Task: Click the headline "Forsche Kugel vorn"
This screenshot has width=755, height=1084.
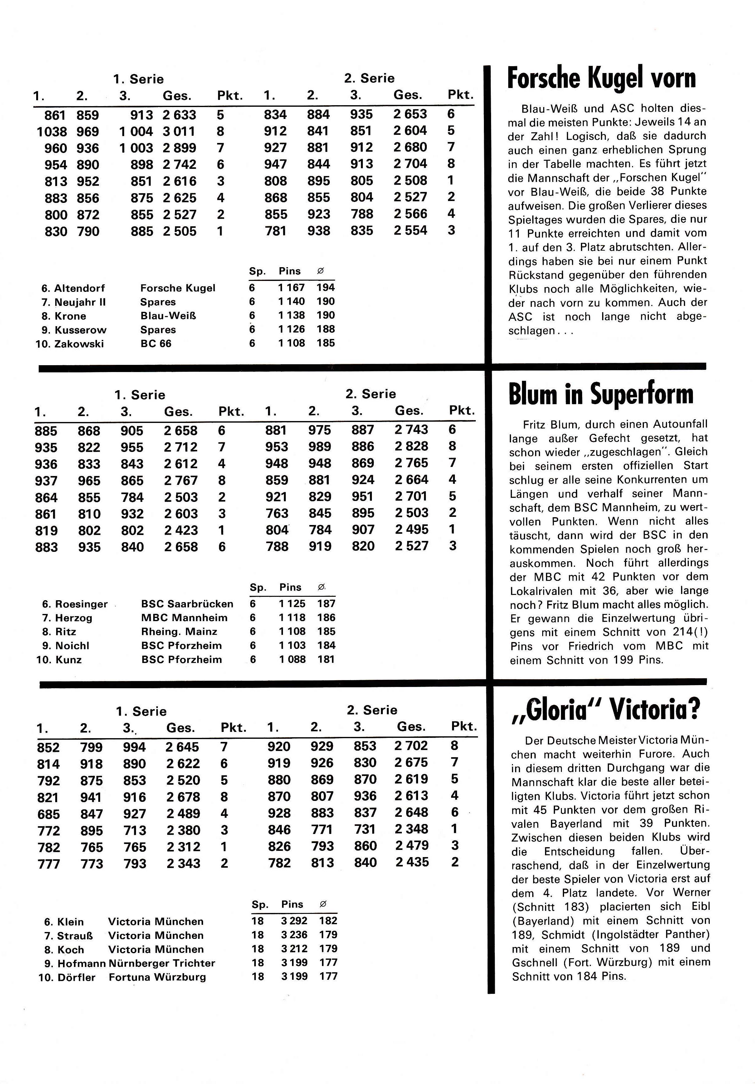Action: click(601, 78)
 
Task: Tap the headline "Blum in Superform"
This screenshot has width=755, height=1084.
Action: click(601, 394)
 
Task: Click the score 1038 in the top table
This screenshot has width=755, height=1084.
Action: click(52, 132)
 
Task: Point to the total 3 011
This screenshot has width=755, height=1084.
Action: click(179, 132)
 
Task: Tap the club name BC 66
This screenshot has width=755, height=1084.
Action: click(156, 344)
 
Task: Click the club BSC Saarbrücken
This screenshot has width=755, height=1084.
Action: click(187, 604)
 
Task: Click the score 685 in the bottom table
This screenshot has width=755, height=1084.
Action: click(49, 814)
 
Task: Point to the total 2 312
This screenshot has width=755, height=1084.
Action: click(183, 847)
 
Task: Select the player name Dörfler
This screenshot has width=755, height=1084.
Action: click(76, 977)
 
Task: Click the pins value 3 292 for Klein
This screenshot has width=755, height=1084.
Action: click(294, 921)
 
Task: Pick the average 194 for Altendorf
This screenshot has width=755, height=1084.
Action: click(326, 287)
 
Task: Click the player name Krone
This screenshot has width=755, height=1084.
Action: click(71, 316)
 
